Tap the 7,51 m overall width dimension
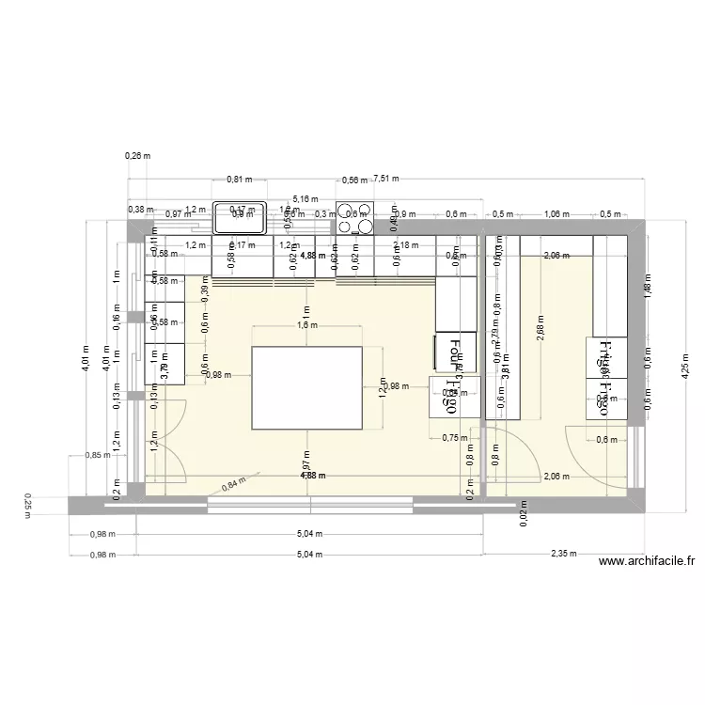(385, 178)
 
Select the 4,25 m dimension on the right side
(686, 371)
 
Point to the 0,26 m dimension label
(138, 156)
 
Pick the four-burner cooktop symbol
(354, 218)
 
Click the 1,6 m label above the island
(307, 325)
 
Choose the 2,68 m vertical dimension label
(540, 331)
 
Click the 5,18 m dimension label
(305, 199)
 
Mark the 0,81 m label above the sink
(240, 179)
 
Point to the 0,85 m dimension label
(93, 456)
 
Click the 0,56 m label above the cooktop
(354, 180)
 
